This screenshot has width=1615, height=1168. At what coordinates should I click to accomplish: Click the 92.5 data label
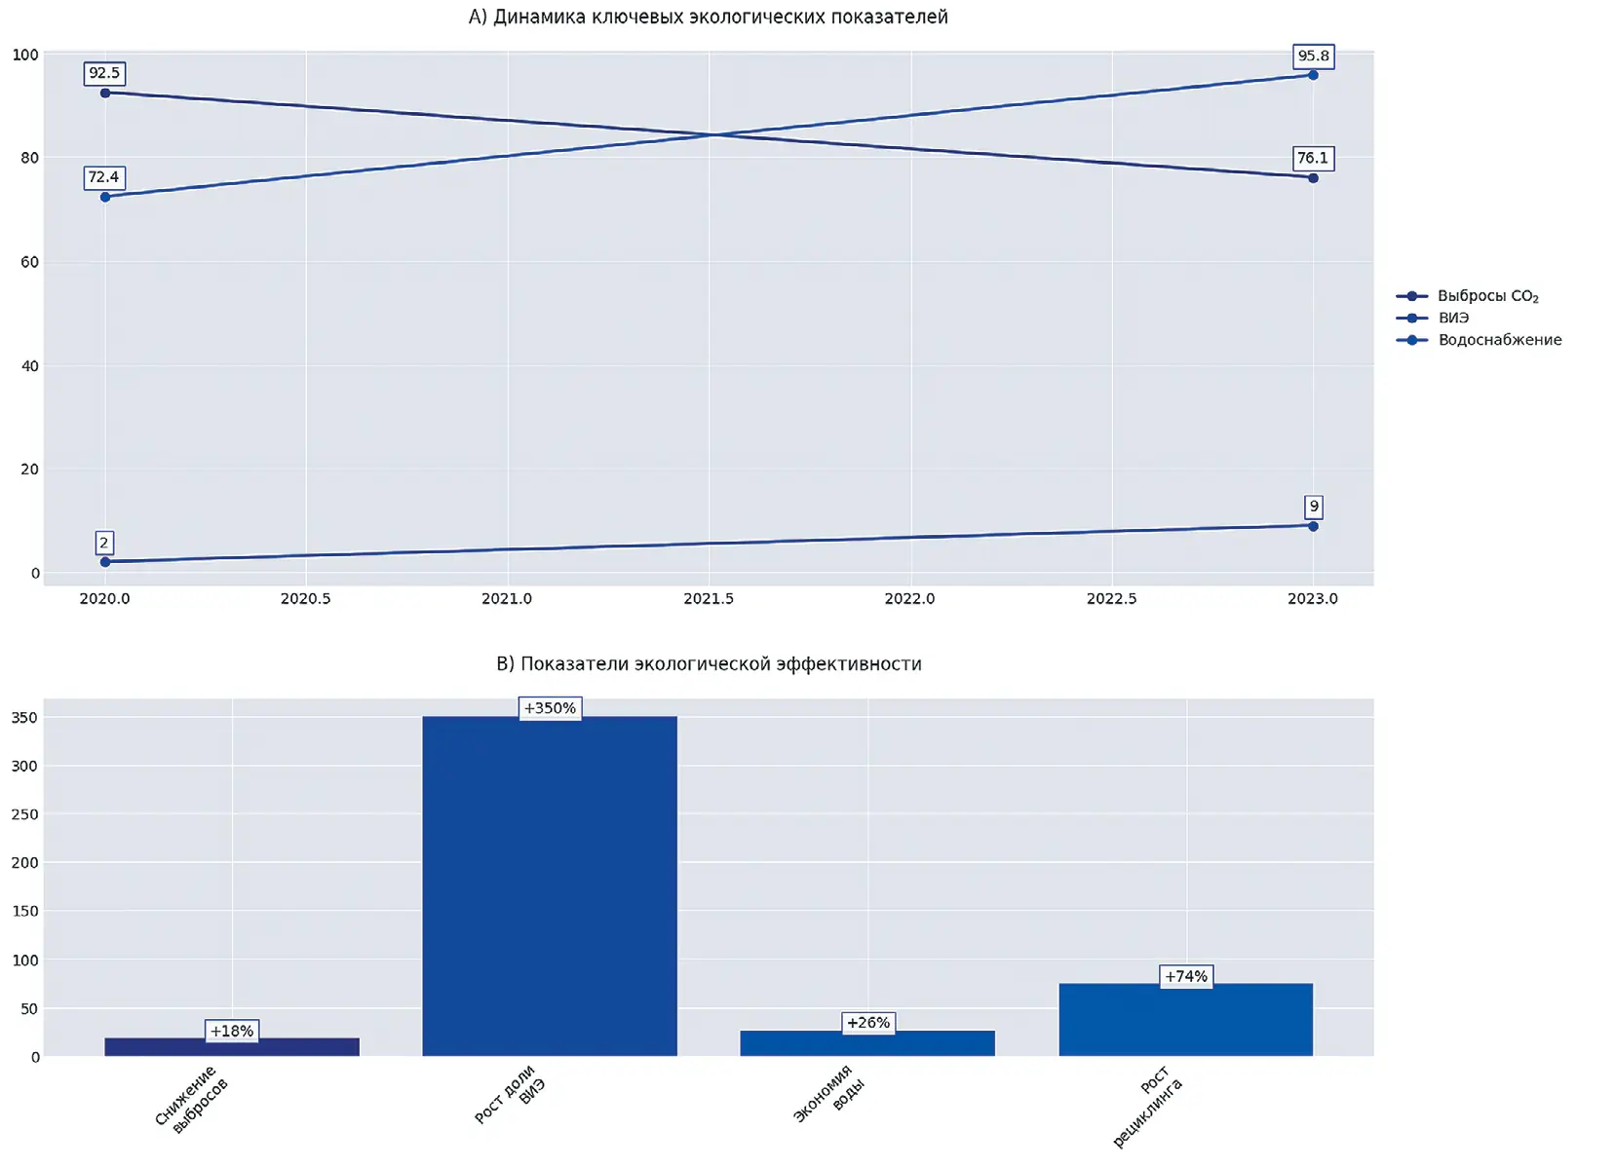(x=104, y=73)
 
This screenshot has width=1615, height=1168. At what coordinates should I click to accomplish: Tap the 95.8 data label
(x=1313, y=56)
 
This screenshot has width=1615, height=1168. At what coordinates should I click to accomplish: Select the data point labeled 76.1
(x=1313, y=178)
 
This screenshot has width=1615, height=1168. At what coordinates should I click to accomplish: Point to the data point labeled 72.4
(x=105, y=197)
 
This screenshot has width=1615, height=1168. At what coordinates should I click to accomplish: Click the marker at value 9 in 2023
(x=1313, y=526)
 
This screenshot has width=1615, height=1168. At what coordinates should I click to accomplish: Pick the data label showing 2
(x=104, y=543)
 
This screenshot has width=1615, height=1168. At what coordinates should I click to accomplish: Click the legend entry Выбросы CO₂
(x=1487, y=296)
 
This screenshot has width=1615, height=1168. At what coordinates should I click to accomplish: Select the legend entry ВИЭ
(x=1452, y=318)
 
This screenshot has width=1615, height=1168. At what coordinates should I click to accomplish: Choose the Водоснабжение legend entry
(x=1499, y=340)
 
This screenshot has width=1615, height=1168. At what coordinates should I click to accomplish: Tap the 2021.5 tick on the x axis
(x=709, y=598)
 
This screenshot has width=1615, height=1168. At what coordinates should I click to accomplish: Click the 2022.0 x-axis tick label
(x=909, y=598)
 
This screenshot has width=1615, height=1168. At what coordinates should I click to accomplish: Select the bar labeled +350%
(x=550, y=886)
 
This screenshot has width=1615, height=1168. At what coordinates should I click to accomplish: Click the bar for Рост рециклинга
(x=1185, y=1019)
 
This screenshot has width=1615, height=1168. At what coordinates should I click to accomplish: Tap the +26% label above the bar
(x=867, y=1023)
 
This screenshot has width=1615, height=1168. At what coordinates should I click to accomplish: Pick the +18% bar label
(x=232, y=1031)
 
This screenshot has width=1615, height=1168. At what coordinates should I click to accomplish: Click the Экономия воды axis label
(x=829, y=1093)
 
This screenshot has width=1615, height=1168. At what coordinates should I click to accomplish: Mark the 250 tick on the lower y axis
(x=24, y=814)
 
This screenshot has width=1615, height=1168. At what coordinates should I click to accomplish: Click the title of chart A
(x=708, y=17)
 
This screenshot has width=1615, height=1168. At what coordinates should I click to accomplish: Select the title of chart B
(x=709, y=663)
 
